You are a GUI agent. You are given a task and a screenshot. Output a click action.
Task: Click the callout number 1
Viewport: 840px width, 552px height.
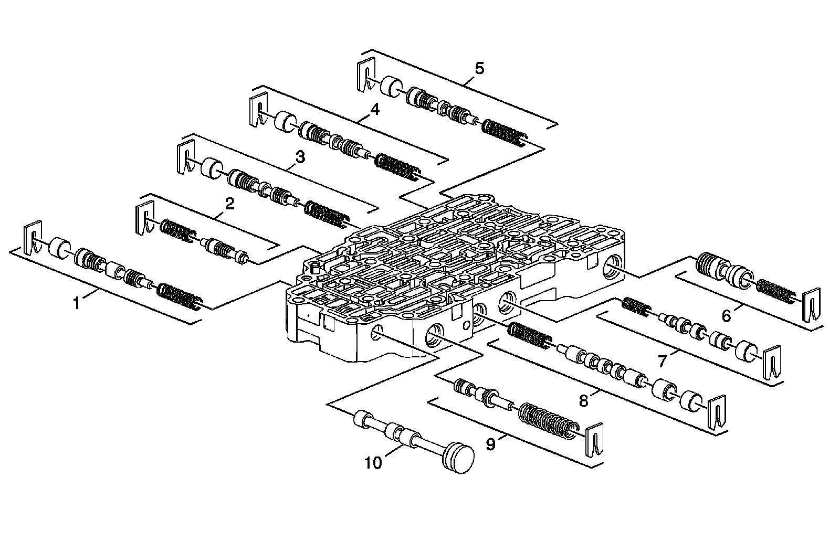[x=76, y=302]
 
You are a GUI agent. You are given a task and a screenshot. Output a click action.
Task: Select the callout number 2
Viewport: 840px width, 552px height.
[x=229, y=204]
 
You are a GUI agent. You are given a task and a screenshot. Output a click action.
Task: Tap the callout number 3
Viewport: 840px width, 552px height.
[x=300, y=156]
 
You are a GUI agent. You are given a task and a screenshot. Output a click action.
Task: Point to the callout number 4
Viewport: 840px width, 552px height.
[x=374, y=109]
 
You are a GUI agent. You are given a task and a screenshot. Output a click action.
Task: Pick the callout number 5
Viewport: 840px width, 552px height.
[x=479, y=68]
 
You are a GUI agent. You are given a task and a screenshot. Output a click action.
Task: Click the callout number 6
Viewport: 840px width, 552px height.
[x=727, y=316]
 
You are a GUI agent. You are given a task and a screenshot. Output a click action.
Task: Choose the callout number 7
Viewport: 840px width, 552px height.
[x=663, y=361]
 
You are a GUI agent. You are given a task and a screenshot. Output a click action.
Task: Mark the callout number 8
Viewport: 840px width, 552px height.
[x=584, y=401]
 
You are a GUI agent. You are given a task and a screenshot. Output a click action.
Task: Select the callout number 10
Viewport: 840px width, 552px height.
[x=373, y=463]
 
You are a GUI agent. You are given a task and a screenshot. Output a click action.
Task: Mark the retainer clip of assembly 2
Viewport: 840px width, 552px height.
[x=143, y=219]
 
